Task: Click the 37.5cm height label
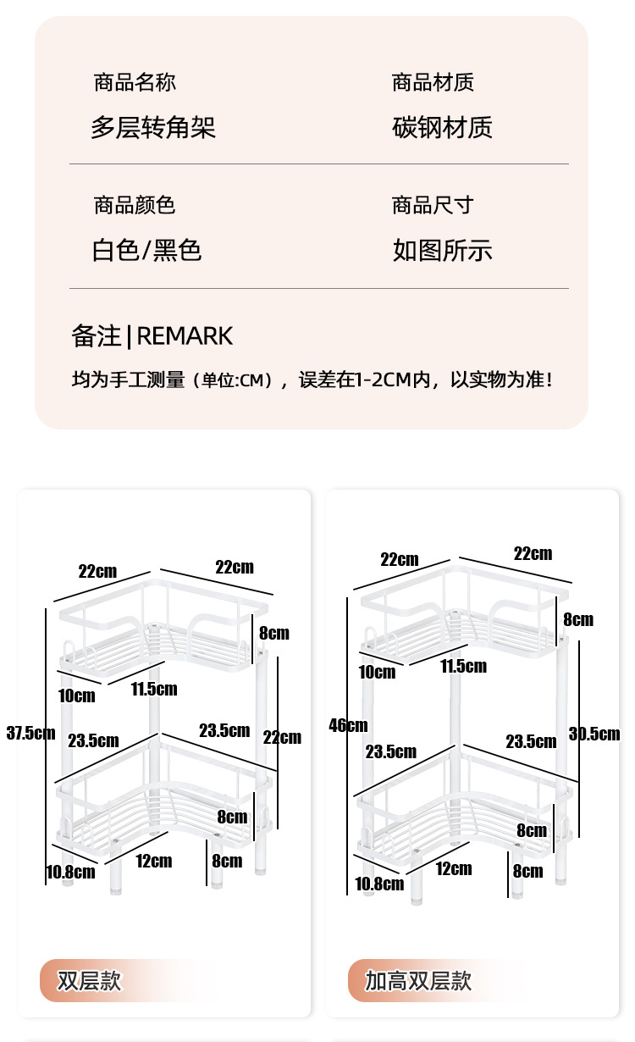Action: click(x=30, y=733)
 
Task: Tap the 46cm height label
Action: click(x=349, y=724)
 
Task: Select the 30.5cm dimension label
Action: click(x=594, y=734)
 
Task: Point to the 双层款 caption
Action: click(x=89, y=981)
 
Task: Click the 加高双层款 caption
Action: click(x=417, y=981)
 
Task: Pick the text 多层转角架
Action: click(x=153, y=127)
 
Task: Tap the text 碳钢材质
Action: click(x=442, y=127)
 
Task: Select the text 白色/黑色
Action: click(x=146, y=250)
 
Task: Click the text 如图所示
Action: click(x=442, y=250)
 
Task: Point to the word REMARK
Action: click(x=185, y=336)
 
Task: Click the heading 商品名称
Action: click(x=135, y=82)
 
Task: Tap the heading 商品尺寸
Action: click(x=432, y=205)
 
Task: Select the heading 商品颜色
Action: click(x=135, y=205)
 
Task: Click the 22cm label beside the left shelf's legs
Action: click(x=282, y=737)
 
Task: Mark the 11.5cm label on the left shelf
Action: click(x=154, y=689)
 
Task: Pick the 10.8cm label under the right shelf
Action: click(x=379, y=884)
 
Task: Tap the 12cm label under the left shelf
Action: click(x=153, y=862)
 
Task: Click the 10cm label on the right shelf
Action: click(x=377, y=672)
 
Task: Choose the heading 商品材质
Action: click(x=432, y=82)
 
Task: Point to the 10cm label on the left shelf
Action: click(x=77, y=696)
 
